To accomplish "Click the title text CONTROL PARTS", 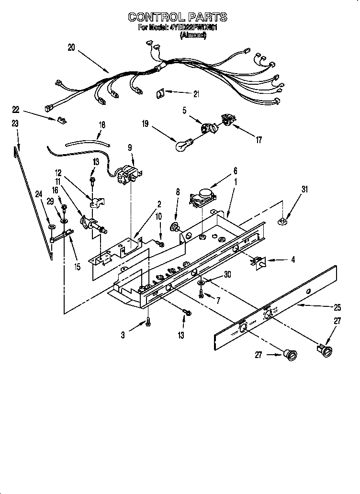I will pyautogui.click(x=177, y=17).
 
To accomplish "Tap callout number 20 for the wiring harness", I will pyautogui.click(x=71, y=47).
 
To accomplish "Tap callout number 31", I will pyautogui.click(x=305, y=190).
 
